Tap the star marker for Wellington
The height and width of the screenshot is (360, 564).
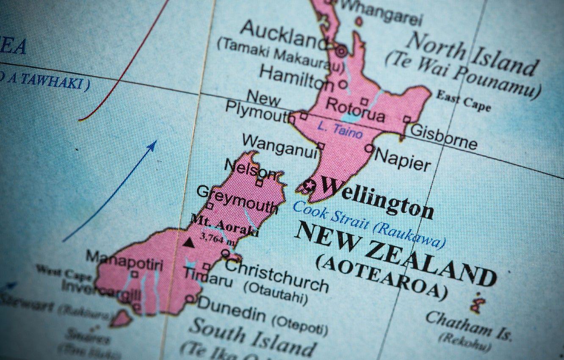pyautogui.click(x=310, y=185)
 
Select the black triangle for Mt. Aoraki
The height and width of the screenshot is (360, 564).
pyautogui.click(x=189, y=243)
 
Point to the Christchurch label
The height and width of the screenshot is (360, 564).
pyautogui.click(x=276, y=276)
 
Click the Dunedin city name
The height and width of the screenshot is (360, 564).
pyautogui.click(x=232, y=308)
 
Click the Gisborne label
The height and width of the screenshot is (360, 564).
pyautogui.click(x=443, y=136)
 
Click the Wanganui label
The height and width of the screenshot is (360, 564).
pyautogui.click(x=280, y=146)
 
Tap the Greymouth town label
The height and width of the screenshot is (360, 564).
pyautogui.click(x=237, y=200)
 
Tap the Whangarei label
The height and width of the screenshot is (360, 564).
pyautogui.click(x=381, y=13)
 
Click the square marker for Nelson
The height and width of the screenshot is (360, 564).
pyautogui.click(x=259, y=183)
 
